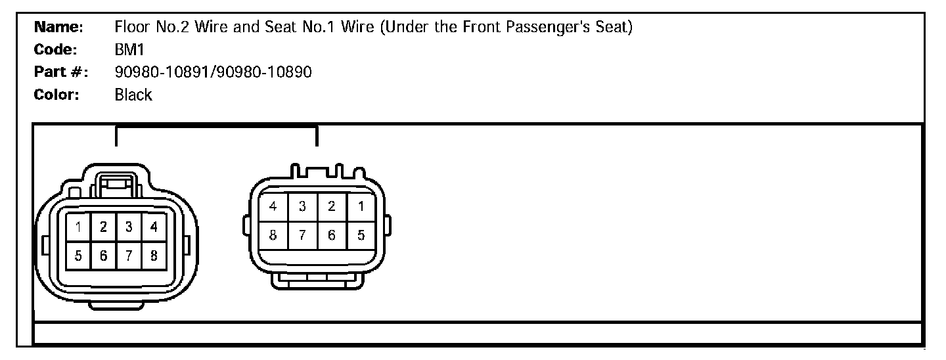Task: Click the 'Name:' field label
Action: pyautogui.click(x=58, y=28)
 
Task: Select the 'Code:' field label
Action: pyautogui.click(x=56, y=50)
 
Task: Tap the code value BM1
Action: pyautogui.click(x=129, y=50)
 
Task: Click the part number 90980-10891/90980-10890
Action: pyautogui.click(x=213, y=72)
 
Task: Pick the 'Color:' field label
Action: pyautogui.click(x=56, y=95)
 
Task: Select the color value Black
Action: pyautogui.click(x=133, y=95)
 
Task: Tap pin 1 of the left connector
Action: pyautogui.click(x=79, y=228)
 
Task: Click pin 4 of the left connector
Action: pyautogui.click(x=154, y=228)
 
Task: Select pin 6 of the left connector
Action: pyautogui.click(x=104, y=256)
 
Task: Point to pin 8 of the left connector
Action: pyautogui.click(x=154, y=256)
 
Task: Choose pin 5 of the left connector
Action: pyautogui.click(x=79, y=256)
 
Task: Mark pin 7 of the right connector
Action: pyautogui.click(x=303, y=235)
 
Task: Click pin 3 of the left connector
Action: pyautogui.click(x=129, y=228)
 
